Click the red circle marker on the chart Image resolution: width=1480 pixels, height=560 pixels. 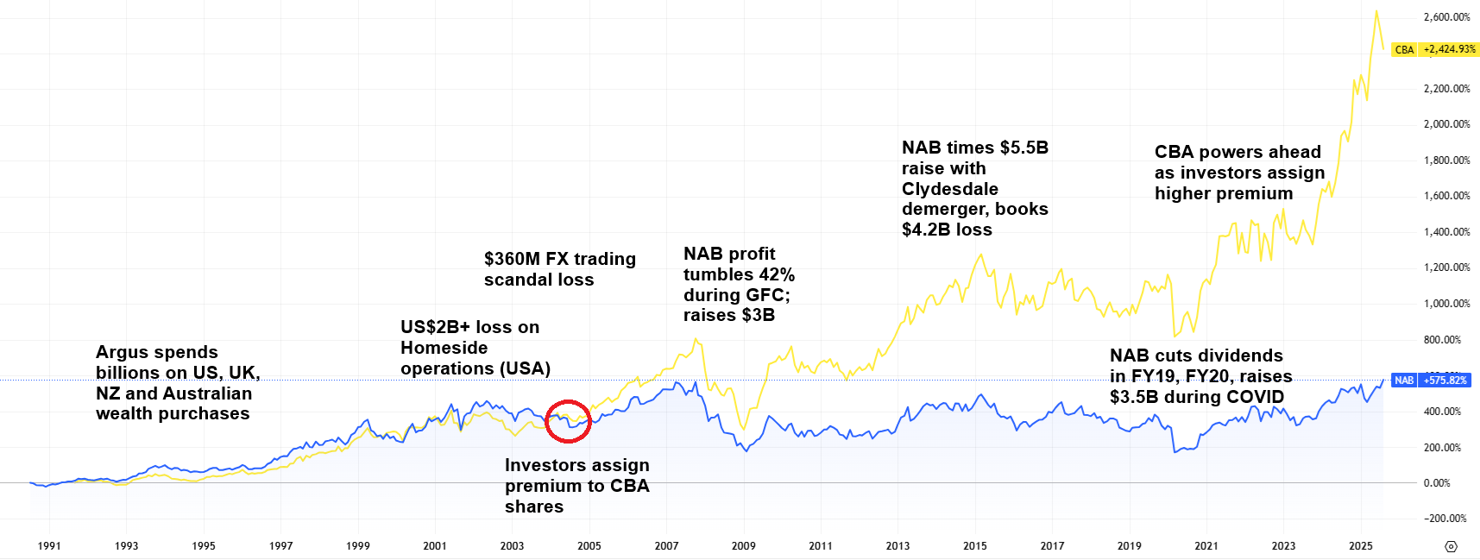[569, 421]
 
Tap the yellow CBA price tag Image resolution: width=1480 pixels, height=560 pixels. [1404, 50]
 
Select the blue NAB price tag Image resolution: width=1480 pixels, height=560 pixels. [1403, 381]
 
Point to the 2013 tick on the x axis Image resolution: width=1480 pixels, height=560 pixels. [897, 545]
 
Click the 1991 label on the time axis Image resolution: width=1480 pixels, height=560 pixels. [49, 545]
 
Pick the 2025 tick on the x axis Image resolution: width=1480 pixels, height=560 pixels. [1360, 545]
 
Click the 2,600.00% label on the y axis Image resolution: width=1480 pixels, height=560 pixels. [1446, 17]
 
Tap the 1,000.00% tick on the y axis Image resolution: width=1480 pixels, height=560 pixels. [1446, 304]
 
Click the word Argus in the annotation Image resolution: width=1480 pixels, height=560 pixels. [120, 352]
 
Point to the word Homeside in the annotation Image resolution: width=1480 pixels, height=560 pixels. [444, 348]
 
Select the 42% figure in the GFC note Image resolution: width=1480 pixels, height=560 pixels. [776, 274]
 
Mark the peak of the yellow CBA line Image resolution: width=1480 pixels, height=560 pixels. [1376, 11]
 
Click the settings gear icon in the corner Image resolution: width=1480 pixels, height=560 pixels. [1451, 546]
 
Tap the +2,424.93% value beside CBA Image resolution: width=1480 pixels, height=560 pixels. [1449, 50]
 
